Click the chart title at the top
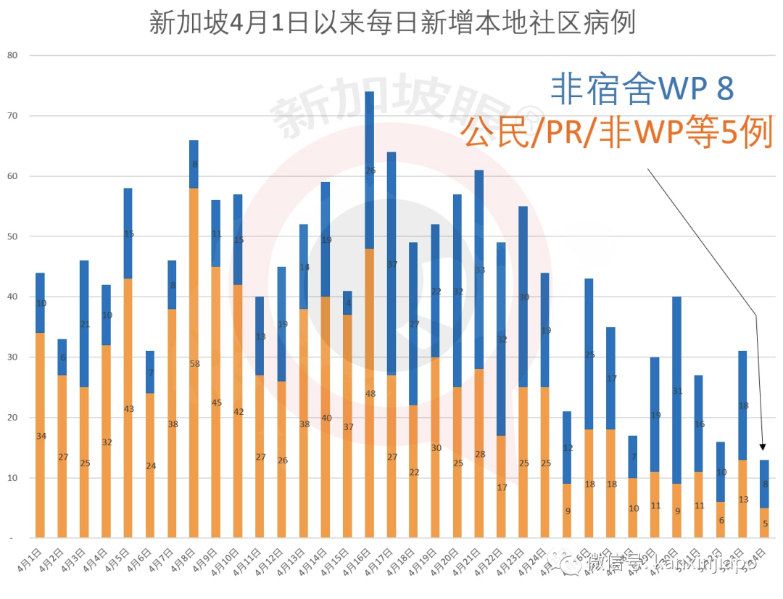391,22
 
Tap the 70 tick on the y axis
12,116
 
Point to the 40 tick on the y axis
12,297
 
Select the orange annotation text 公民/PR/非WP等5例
617,133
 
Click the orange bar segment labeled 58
194,363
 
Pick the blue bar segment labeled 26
370,172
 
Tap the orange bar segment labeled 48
370,394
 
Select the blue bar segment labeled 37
391,264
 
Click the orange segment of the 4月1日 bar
40,435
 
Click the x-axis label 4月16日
365,558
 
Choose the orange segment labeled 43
128,408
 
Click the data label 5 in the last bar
764,524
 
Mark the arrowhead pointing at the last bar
763,447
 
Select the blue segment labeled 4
347,303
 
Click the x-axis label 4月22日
497,558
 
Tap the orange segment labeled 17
502,487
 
